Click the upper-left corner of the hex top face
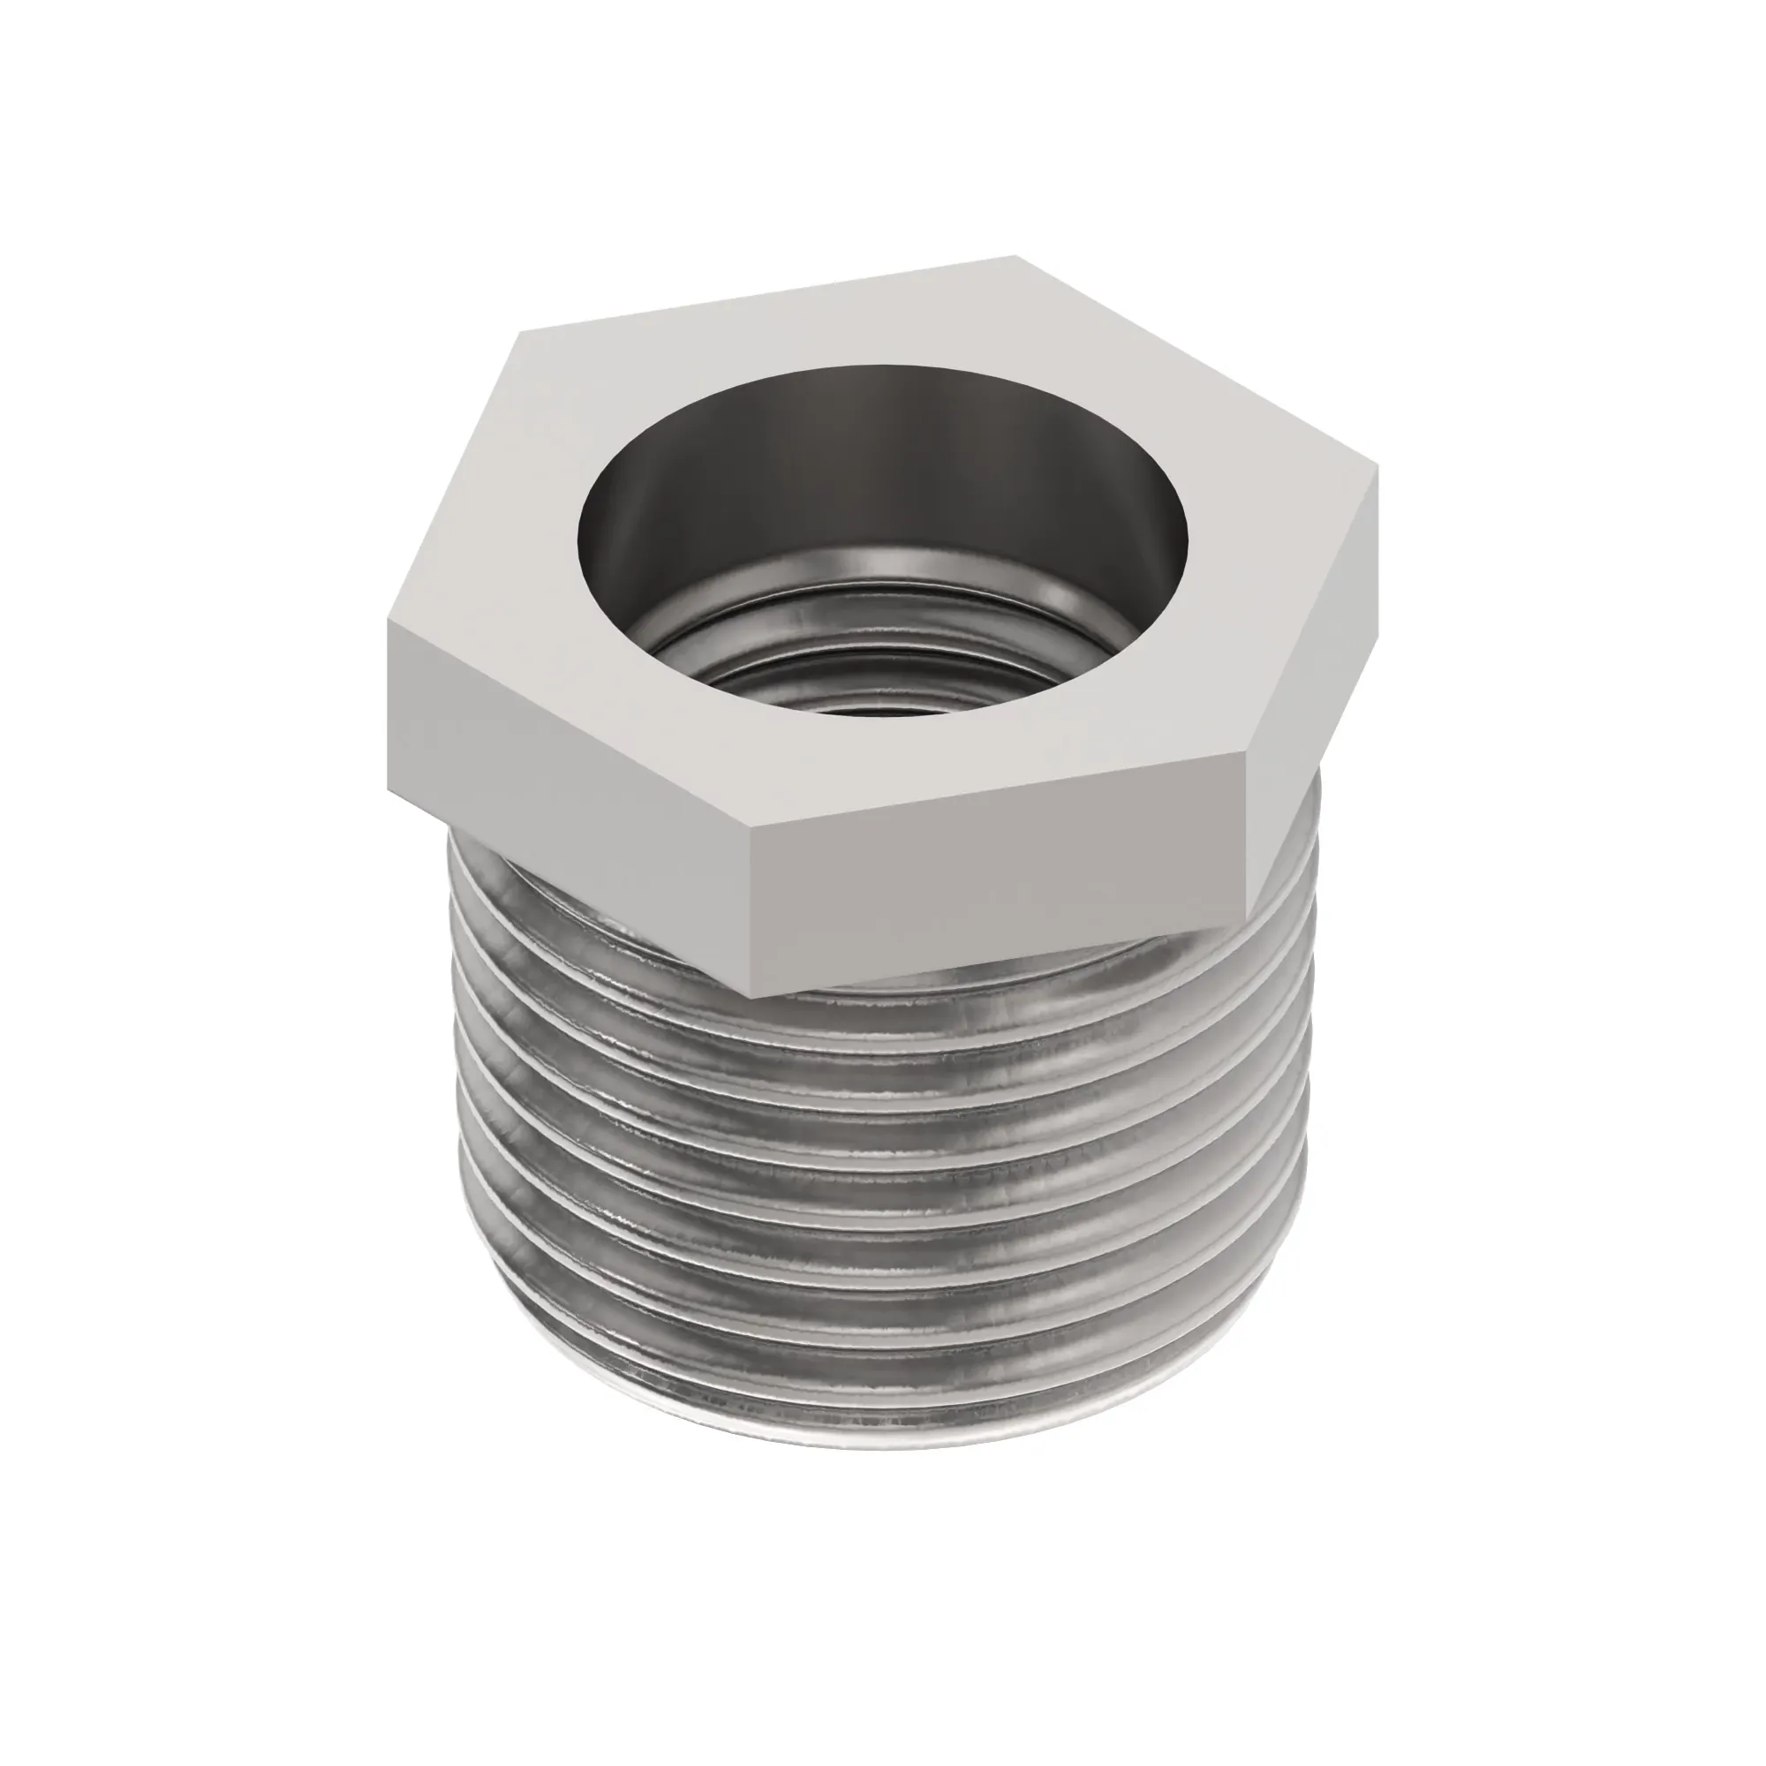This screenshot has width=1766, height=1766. coord(521,334)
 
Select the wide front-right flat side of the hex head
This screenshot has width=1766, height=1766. coord(996,878)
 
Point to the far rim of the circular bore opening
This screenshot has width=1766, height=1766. coord(878,367)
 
